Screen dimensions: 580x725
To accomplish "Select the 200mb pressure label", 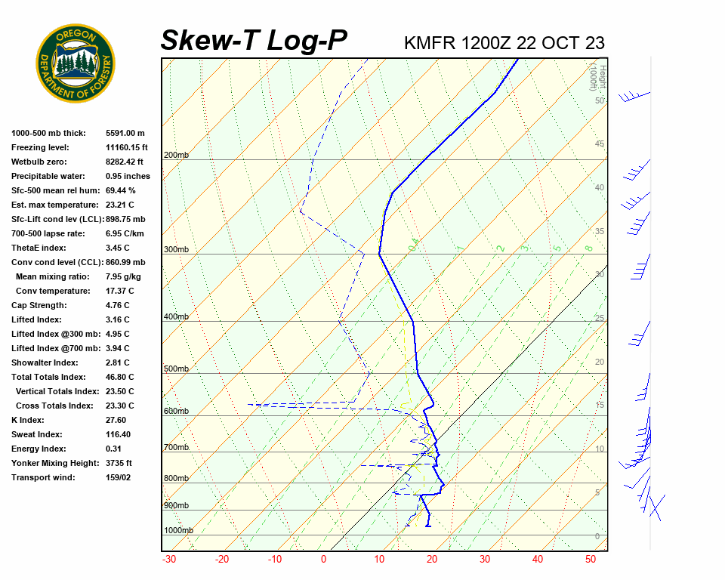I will click(176, 156).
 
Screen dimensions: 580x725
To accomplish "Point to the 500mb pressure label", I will click(176, 369).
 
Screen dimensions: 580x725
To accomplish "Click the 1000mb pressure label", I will click(178, 531).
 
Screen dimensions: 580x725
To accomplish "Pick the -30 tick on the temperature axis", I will click(169, 560).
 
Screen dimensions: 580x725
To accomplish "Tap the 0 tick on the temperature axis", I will click(323, 560).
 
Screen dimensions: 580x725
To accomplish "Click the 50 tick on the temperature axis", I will click(591, 560).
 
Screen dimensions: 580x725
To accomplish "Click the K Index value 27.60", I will click(116, 420).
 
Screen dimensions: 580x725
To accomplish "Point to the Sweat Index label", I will click(36, 434).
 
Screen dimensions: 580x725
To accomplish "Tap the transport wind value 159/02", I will click(119, 477).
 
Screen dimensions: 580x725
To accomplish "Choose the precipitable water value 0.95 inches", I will click(128, 176).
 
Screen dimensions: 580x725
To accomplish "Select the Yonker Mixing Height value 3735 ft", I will click(119, 463).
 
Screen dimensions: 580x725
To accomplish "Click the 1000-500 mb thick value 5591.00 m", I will click(125, 133).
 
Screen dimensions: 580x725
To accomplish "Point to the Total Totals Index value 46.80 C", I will click(119, 377).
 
